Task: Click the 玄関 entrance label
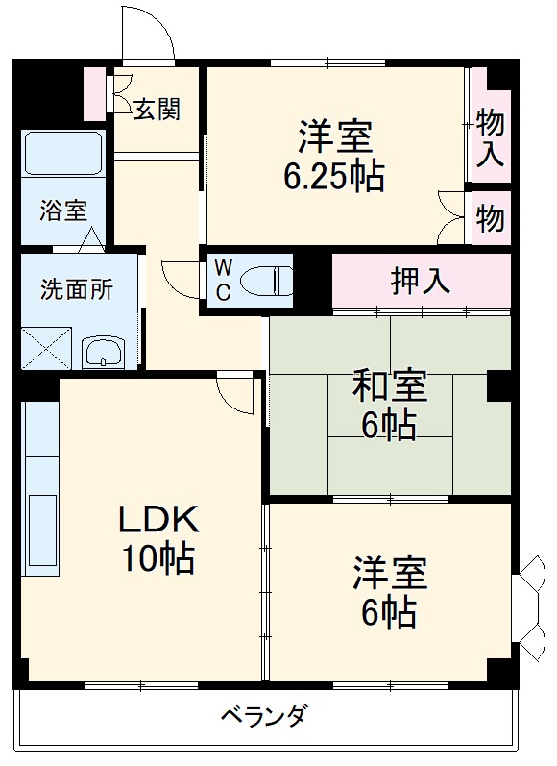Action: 156,109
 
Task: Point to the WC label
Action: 222,280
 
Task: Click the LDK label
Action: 157,521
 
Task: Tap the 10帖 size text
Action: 157,557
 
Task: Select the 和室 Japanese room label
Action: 389,386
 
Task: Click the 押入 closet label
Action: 421,280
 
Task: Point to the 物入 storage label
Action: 490,137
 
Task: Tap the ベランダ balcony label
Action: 264,717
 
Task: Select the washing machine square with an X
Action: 47,348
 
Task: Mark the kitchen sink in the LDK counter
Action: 42,534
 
